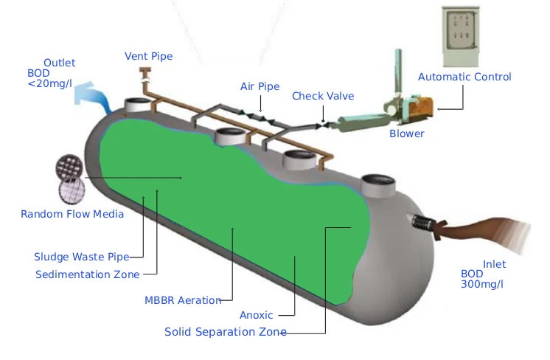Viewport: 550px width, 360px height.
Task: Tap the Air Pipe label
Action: pos(260,86)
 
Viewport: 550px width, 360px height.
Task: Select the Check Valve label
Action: pos(323,96)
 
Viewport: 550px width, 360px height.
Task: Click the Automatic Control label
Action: pos(464,77)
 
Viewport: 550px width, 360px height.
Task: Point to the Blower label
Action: pos(407,134)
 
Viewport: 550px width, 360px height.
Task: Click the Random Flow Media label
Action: pos(72,214)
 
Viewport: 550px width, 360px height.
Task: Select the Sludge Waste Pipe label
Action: pos(81,257)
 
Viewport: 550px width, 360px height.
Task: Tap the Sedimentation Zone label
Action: pos(87,274)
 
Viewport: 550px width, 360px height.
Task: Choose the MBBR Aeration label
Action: pos(183,300)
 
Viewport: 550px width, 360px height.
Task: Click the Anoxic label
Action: pos(257,316)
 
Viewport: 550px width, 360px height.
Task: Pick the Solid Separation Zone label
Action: pos(225,332)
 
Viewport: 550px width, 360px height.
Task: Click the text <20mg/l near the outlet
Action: pos(49,84)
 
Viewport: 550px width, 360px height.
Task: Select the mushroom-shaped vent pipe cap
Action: pos(144,72)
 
